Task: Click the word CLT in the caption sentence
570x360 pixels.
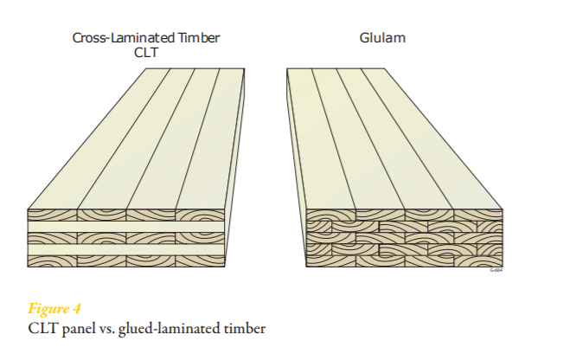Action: [x=43, y=326]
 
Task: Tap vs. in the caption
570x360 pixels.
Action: [x=111, y=326]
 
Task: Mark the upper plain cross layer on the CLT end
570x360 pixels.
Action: [x=126, y=227]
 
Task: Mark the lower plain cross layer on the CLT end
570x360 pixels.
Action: [x=126, y=251]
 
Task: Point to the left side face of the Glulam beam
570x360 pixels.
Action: [x=294, y=173]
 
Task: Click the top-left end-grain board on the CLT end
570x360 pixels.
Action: [x=53, y=215]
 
